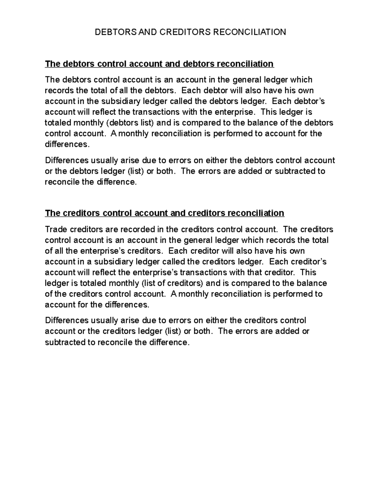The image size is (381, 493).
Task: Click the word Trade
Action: tap(56, 229)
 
